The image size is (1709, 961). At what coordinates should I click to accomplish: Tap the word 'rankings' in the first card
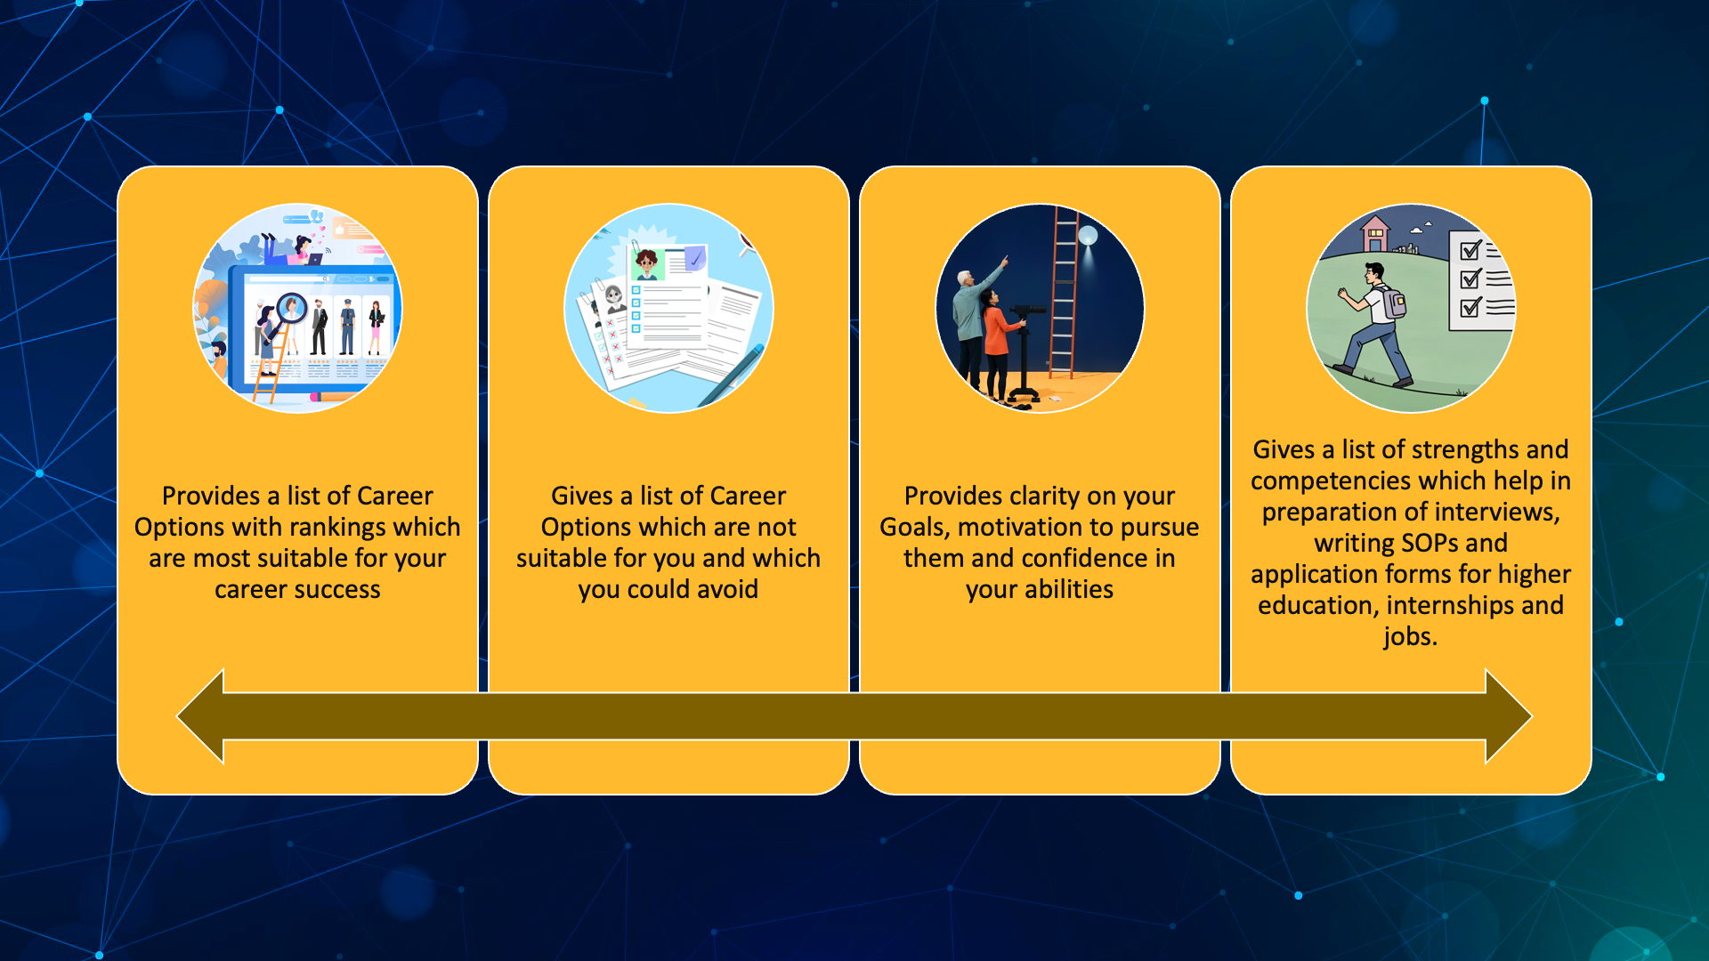point(335,527)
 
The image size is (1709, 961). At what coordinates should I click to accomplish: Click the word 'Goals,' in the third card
point(915,527)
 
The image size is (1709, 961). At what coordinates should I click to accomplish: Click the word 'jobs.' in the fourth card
point(1410,636)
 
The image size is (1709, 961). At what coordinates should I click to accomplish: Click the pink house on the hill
point(1375,234)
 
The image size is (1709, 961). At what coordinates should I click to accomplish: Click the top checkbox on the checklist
point(1470,250)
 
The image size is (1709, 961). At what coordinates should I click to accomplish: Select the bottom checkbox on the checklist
point(1470,308)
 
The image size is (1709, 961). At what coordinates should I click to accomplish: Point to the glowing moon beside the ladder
point(1088,236)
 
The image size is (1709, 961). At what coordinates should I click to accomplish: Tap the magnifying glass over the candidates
point(290,308)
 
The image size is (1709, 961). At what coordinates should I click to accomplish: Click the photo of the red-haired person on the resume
point(647,263)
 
